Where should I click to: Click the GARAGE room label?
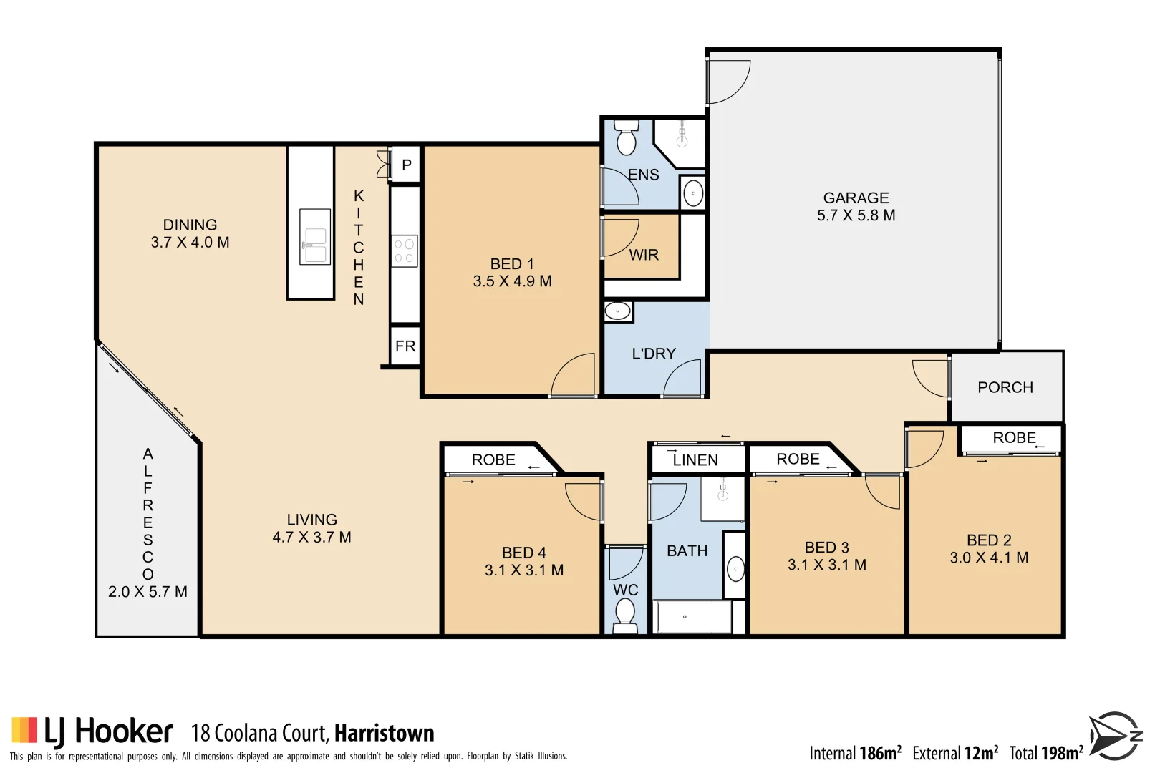(856, 198)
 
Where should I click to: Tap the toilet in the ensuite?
(627, 137)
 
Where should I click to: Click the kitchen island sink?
(315, 237)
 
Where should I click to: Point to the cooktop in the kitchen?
(405, 251)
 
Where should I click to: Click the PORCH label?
(1005, 387)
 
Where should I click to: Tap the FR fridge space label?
(405, 346)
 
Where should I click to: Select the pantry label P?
(407, 165)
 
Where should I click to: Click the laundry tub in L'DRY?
(617, 311)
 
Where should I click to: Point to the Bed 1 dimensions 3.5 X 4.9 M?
(512, 281)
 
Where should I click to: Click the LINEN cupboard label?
(695, 460)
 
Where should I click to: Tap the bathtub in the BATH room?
(692, 617)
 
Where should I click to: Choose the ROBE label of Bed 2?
(1014, 438)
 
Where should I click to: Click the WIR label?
(643, 255)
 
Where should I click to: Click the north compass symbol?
(1115, 736)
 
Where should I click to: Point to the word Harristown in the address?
(384, 734)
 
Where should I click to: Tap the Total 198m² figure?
(1045, 753)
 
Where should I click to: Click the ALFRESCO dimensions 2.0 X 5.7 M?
(148, 592)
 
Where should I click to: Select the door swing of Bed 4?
(585, 501)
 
